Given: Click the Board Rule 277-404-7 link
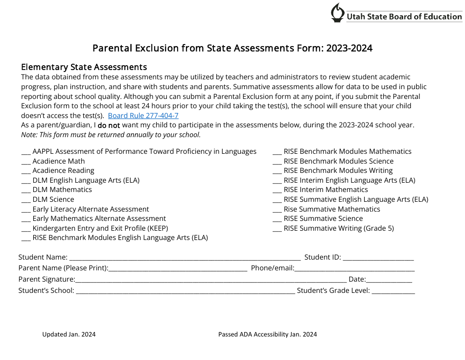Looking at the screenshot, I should click(143, 116).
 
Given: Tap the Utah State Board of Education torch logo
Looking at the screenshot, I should click(337, 13).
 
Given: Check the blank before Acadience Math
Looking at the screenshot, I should click(26, 162).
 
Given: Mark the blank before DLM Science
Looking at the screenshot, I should click(26, 200).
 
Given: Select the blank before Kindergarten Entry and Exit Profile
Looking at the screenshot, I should click(26, 229).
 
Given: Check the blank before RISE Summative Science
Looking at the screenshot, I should click(277, 219).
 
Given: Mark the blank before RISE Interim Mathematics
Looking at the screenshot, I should click(277, 190).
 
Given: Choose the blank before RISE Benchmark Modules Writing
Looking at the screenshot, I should click(277, 171).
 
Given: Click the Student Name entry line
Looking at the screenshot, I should click(185, 258).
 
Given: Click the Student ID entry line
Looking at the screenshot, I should click(378, 258).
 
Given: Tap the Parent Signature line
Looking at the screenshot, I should click(210, 280).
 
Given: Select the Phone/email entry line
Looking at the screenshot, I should click(354, 269).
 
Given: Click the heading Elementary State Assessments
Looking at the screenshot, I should click(84, 67).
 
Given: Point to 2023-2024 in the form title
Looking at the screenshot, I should click(349, 48).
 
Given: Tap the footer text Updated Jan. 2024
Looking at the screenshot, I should click(69, 335).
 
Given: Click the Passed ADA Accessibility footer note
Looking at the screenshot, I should click(267, 335).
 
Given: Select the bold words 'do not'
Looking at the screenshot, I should click(109, 125).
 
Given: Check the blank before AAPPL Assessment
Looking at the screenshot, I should click(26, 152).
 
